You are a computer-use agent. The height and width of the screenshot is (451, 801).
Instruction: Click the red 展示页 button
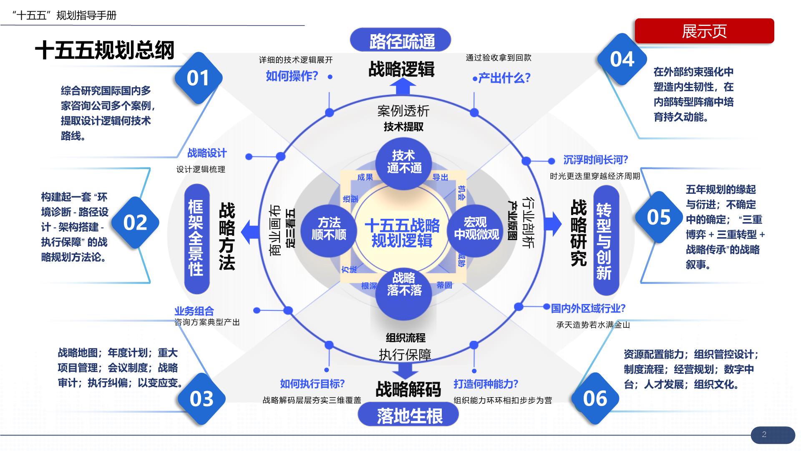pyautogui.click(x=704, y=31)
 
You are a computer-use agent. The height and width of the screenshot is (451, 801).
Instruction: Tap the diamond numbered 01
pyautogui.click(x=198, y=78)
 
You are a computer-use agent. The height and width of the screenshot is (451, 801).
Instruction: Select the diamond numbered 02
pyautogui.click(x=135, y=223)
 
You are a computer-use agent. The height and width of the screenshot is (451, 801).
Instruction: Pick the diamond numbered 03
pyautogui.click(x=202, y=399)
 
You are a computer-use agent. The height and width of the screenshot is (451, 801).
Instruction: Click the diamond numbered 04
pyautogui.click(x=622, y=59)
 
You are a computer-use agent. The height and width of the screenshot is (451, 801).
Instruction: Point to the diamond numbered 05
pyautogui.click(x=659, y=217)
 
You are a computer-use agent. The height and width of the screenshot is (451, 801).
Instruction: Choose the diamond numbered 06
pyautogui.click(x=595, y=399)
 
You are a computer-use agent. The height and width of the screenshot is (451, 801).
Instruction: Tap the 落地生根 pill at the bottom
pyautogui.click(x=408, y=416)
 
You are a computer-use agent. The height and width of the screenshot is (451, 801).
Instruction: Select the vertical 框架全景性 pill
pyautogui.click(x=196, y=238)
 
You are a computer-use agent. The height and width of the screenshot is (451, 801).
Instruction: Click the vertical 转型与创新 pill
pyautogui.click(x=605, y=241)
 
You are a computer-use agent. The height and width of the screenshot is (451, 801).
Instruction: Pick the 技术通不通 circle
pyautogui.click(x=404, y=162)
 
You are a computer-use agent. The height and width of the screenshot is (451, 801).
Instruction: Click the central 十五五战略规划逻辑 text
pyautogui.click(x=402, y=233)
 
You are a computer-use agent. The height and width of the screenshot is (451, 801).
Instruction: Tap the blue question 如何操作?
pyautogui.click(x=292, y=76)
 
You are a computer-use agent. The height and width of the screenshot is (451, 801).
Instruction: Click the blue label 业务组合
pyautogui.click(x=194, y=311)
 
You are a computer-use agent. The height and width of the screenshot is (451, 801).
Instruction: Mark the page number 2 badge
pyautogui.click(x=773, y=434)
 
